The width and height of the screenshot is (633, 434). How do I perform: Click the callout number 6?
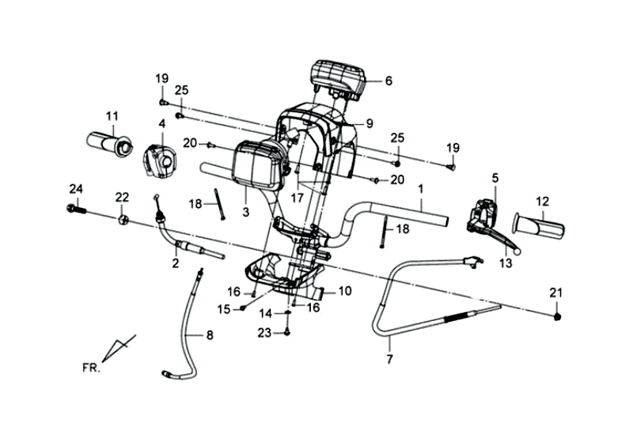click(389, 81)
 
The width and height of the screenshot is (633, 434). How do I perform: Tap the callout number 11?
click(112, 117)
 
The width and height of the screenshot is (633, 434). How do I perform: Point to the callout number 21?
click(556, 293)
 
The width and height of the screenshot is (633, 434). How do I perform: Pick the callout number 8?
click(210, 335)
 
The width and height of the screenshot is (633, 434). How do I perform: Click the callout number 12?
click(543, 200)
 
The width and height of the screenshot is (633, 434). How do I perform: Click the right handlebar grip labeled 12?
click(540, 225)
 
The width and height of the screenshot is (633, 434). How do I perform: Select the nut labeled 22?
click(123, 218)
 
